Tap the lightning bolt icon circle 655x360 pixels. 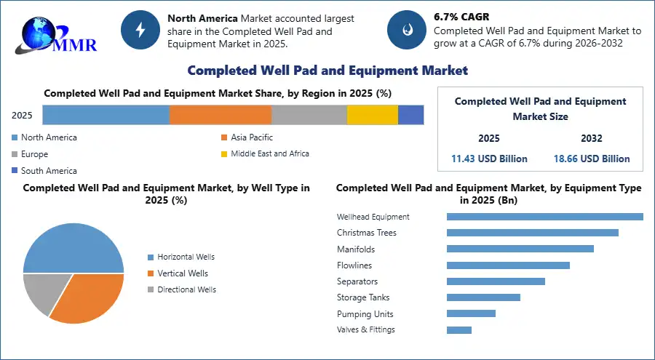pos(140,29)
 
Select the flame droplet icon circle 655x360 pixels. pos(406,29)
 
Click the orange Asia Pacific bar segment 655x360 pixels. pos(221,115)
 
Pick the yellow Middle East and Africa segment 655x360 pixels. pos(372,115)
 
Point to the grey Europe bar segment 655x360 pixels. pos(309,115)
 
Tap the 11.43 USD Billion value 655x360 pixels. pos(489,159)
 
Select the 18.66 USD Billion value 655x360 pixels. pos(591,159)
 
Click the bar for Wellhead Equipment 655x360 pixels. pos(544,217)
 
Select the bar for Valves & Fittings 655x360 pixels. pos(459,330)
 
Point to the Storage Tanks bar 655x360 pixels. pos(483,297)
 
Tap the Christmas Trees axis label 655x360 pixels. pos(366,233)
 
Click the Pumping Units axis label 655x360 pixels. pos(365,314)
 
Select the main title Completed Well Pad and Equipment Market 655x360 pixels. pos(327,71)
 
